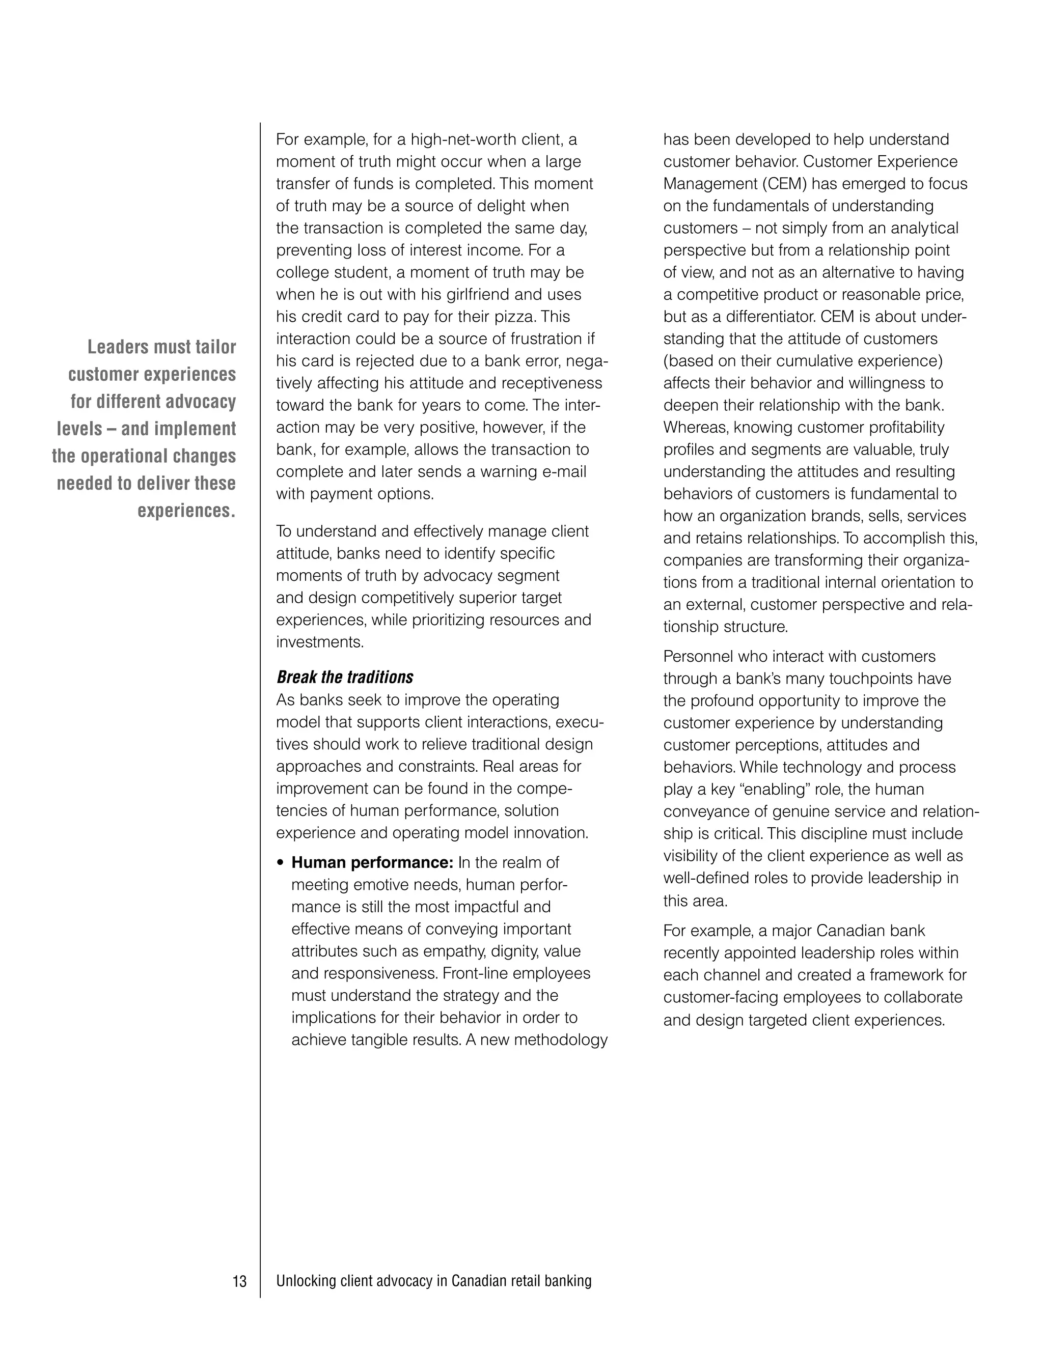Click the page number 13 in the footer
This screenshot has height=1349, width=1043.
click(x=239, y=1281)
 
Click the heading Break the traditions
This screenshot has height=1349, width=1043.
click(x=345, y=677)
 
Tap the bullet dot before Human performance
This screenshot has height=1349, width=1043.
click(x=281, y=863)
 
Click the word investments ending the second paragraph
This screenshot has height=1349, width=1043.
click(x=319, y=642)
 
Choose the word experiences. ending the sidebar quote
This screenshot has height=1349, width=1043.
click(x=186, y=511)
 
